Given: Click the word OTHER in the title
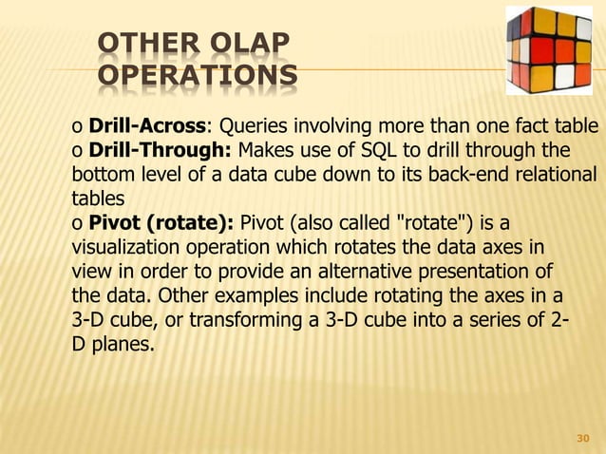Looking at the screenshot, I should click(137, 44).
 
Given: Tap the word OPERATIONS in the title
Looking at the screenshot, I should click(196, 76).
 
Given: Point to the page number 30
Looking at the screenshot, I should click(584, 440).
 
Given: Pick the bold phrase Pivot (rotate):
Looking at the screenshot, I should click(162, 224).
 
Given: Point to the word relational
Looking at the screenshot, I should click(558, 176).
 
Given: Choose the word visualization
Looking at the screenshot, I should click(124, 249).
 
